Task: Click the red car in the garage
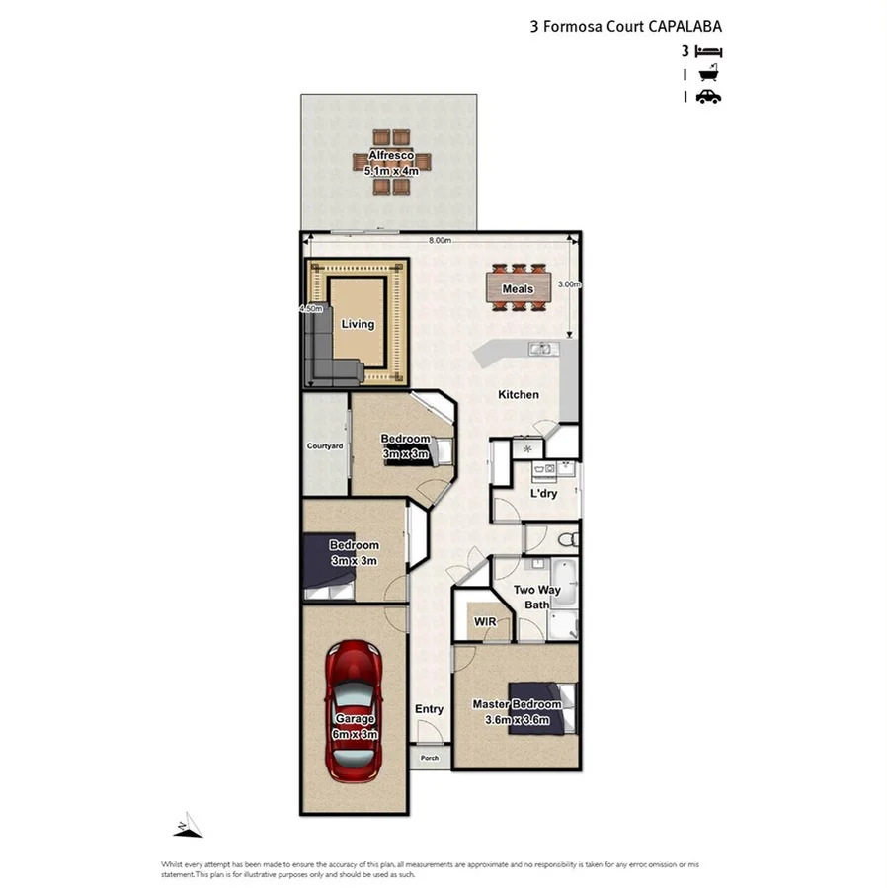point(354,710)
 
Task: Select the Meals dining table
point(518,288)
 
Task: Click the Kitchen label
point(518,395)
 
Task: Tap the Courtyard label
point(324,446)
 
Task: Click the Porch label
point(430,758)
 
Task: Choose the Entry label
point(429,709)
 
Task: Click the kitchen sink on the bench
point(539,348)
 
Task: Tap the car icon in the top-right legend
point(708,96)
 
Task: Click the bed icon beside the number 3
point(709,51)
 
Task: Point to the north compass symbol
point(188,825)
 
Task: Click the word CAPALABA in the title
point(685,28)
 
